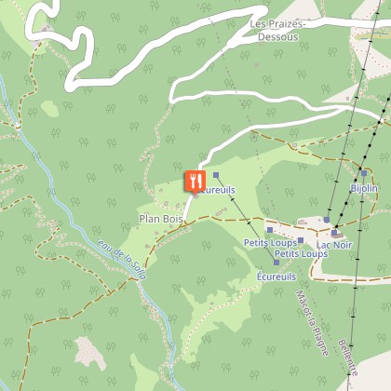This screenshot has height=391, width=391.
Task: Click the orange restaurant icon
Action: pyautogui.click(x=194, y=177)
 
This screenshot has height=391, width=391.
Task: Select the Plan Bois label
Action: pyautogui.click(x=160, y=219)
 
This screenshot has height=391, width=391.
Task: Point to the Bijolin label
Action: pyautogui.click(x=364, y=188)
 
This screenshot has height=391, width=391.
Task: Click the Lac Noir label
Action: pyautogui.click(x=334, y=245)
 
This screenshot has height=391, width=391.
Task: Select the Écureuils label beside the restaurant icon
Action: pyautogui.click(x=215, y=190)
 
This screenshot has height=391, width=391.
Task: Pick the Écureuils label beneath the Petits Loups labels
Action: pyautogui.click(x=276, y=276)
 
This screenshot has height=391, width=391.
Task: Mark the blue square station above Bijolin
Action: pyautogui.click(x=364, y=173)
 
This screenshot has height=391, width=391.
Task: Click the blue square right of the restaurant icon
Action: pyautogui.click(x=215, y=174)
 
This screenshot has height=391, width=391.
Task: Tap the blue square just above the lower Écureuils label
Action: pyautogui.click(x=276, y=263)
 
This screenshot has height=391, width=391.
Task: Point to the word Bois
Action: pyautogui.click(x=173, y=219)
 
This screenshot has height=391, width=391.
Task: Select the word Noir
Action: pyautogui.click(x=344, y=245)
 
